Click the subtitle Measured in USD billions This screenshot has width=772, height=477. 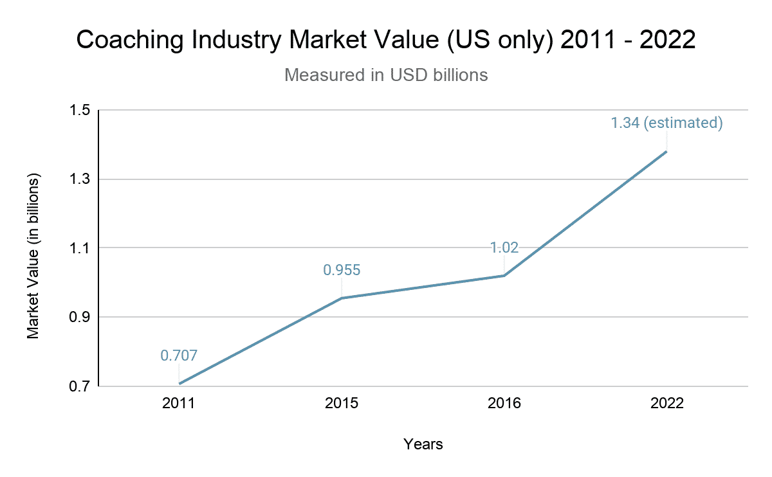tap(386, 75)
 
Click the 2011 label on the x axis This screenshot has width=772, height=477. tap(179, 404)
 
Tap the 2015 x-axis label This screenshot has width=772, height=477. tap(342, 404)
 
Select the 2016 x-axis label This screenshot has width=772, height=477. tap(504, 404)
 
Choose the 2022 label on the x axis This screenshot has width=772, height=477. tap(666, 404)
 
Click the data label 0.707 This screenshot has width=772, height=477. tap(179, 355)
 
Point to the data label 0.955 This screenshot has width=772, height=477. tap(342, 270)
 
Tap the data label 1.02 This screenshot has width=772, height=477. tap(504, 248)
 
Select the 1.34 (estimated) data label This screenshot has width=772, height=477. tap(666, 123)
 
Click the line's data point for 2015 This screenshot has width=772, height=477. tap(342, 298)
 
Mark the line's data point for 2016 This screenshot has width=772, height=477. tap(504, 275)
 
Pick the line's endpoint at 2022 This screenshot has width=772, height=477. tap(666, 152)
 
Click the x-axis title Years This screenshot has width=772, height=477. tap(423, 444)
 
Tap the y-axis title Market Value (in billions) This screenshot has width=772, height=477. tap(33, 255)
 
